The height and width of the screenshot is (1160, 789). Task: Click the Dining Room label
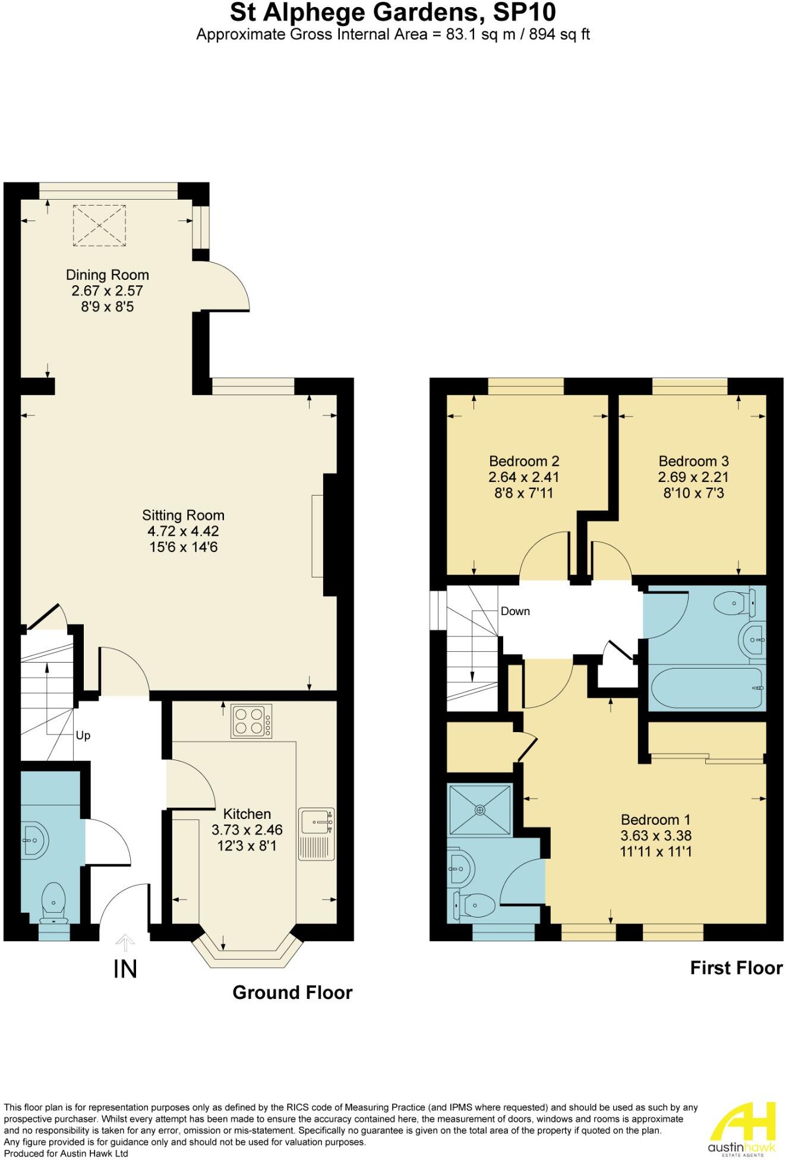click(107, 275)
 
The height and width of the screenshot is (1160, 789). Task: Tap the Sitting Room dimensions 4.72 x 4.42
click(183, 531)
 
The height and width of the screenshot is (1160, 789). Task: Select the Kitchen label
click(247, 814)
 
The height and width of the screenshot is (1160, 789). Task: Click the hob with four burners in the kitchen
click(252, 721)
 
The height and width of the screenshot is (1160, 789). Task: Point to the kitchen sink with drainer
click(317, 834)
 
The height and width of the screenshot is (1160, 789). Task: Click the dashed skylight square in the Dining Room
click(100, 225)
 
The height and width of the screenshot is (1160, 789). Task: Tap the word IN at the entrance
click(125, 969)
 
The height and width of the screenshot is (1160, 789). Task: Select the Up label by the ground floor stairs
click(83, 736)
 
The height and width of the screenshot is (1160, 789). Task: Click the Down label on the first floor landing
click(515, 611)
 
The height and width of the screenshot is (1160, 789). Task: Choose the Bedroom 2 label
click(524, 461)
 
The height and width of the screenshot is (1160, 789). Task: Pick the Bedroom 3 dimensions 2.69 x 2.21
click(693, 477)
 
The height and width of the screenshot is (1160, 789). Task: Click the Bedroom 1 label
click(656, 820)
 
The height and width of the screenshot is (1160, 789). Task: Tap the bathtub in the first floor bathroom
click(706, 688)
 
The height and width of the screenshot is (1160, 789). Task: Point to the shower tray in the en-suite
click(480, 809)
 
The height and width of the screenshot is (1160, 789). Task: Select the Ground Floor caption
click(292, 993)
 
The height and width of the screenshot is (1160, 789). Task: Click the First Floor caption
click(736, 969)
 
